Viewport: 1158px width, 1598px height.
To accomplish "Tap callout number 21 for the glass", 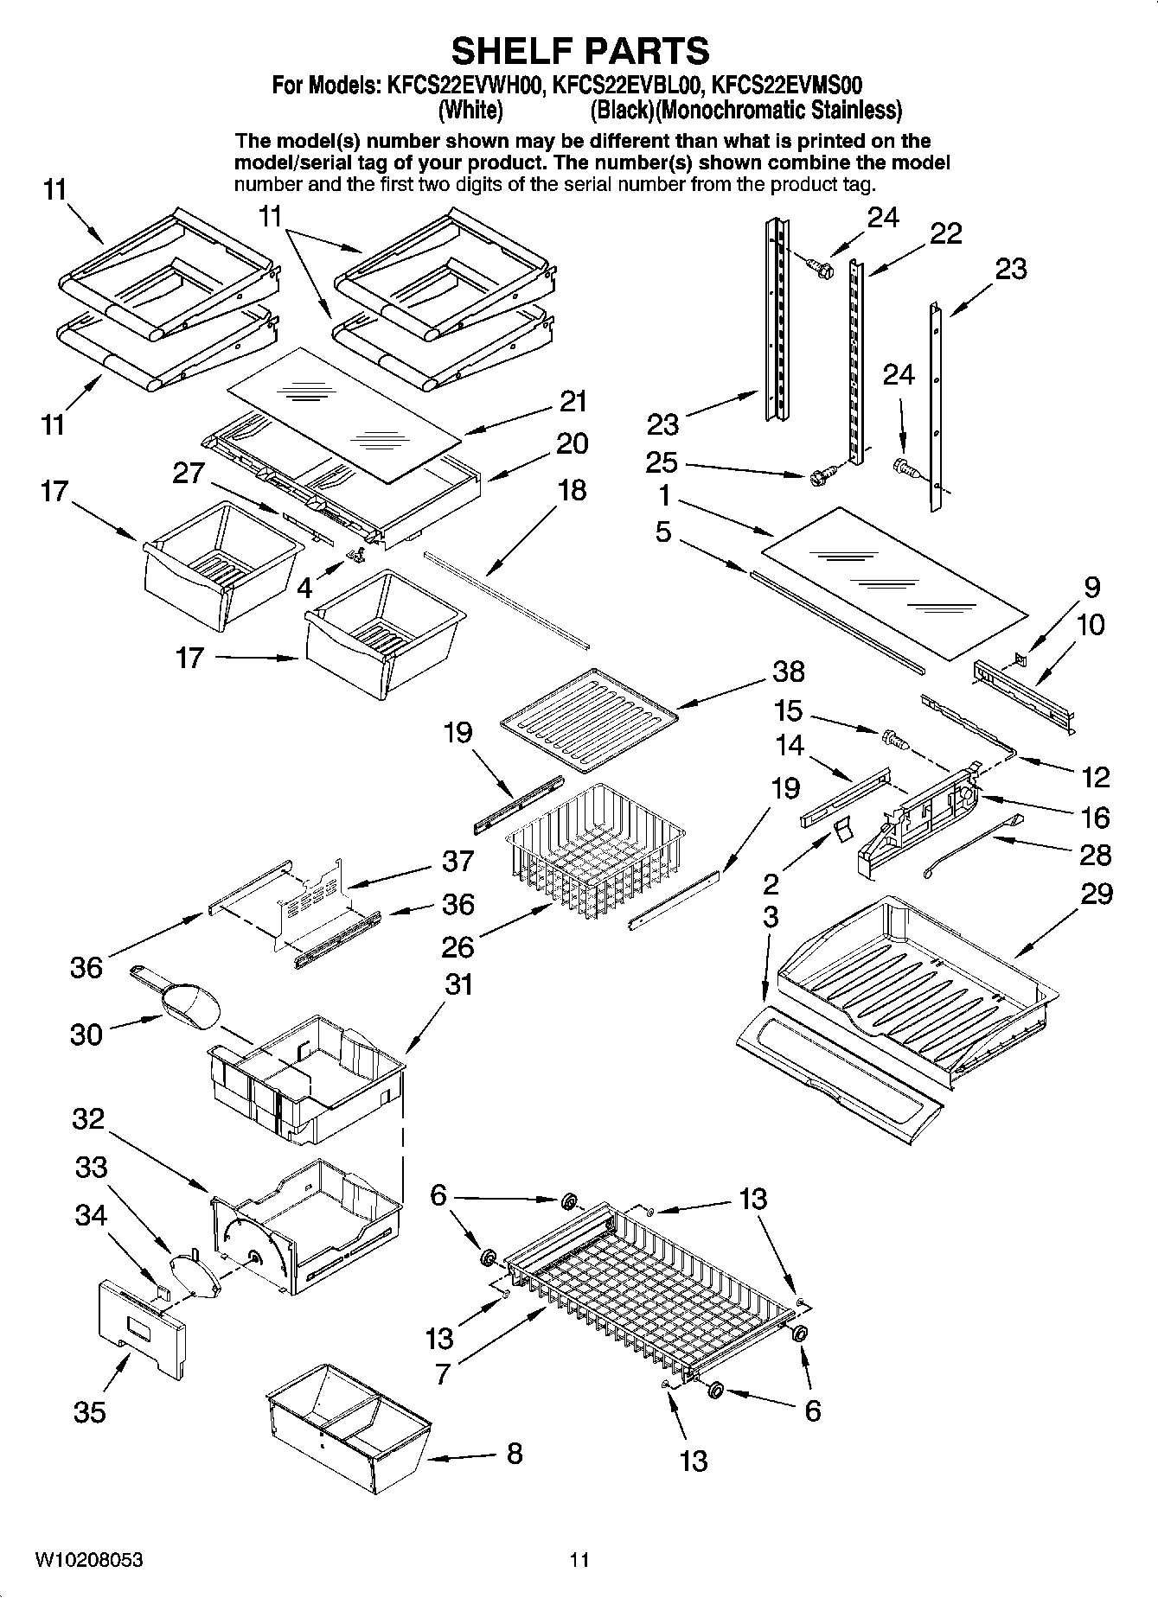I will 573,402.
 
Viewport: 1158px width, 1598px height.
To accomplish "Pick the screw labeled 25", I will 821,474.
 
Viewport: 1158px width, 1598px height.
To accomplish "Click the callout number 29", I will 1096,894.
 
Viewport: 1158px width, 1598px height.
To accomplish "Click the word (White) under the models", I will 470,111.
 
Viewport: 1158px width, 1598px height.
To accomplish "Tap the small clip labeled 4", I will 354,552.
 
